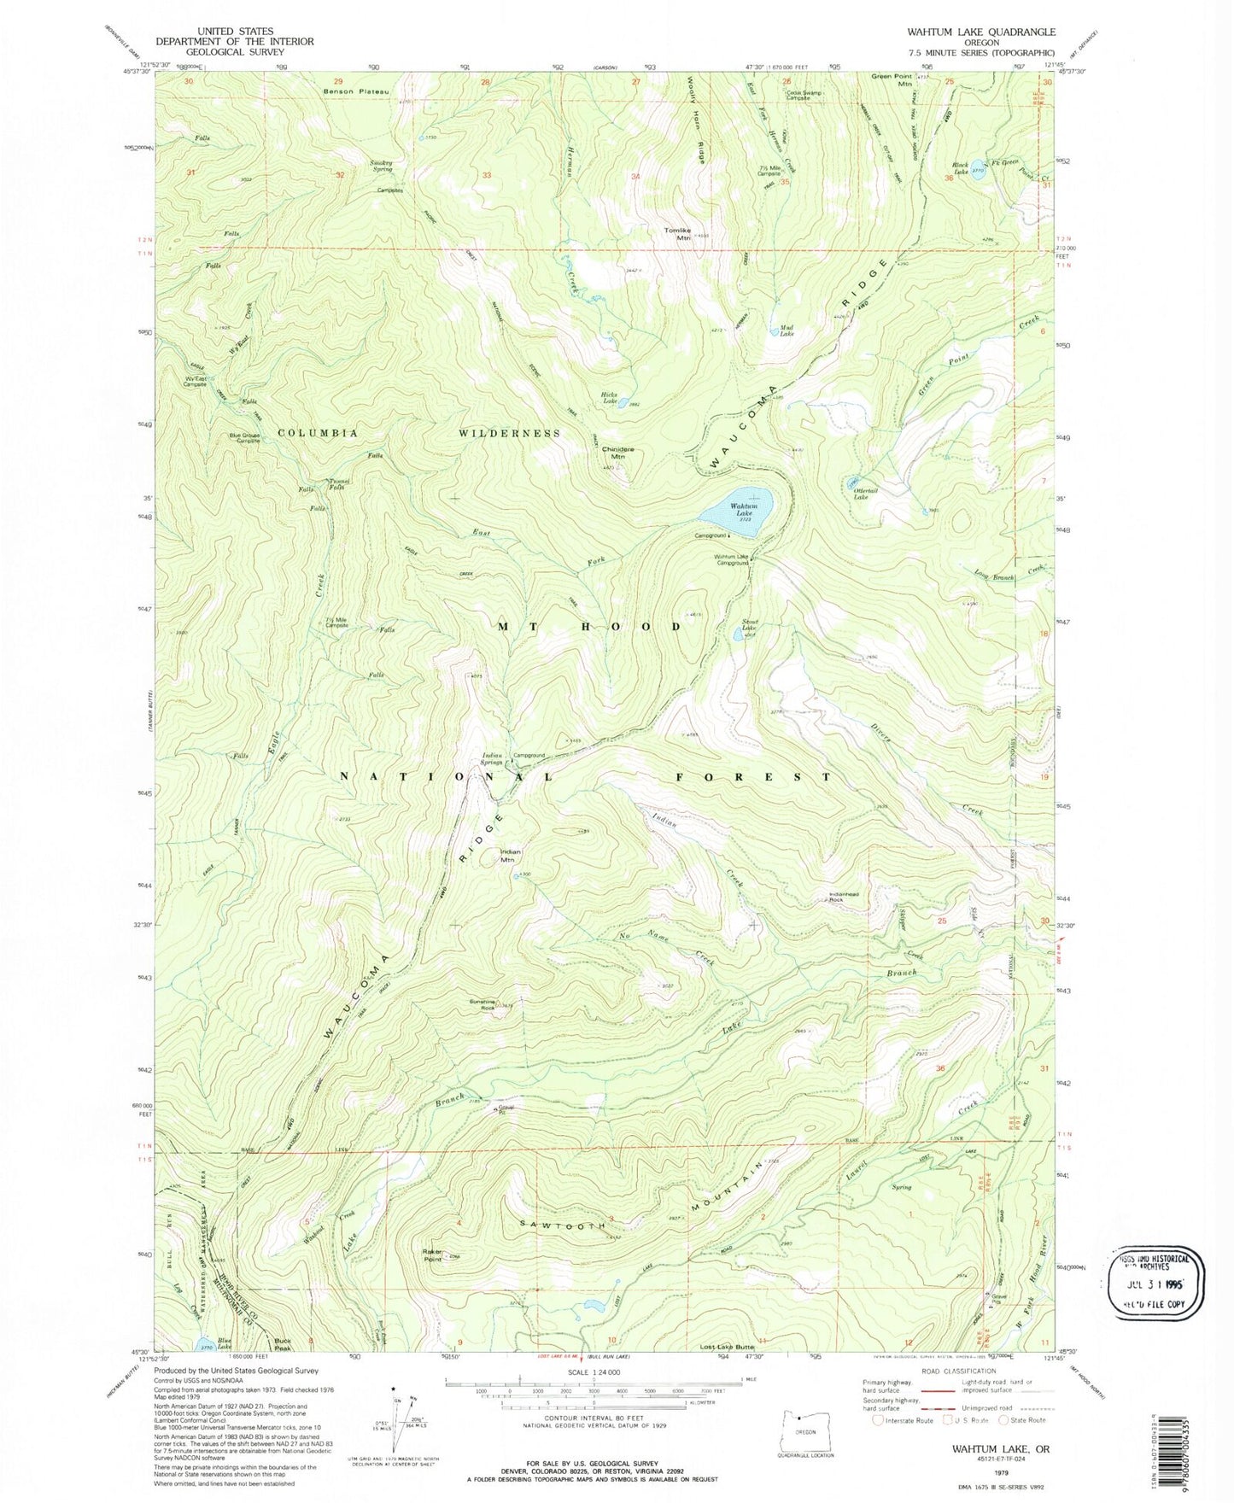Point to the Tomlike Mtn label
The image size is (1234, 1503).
(x=677, y=233)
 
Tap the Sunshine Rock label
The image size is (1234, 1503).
(x=482, y=1004)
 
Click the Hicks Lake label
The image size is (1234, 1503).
(x=609, y=397)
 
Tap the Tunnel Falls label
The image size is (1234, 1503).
(x=337, y=486)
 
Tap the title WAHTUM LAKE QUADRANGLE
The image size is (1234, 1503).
(x=968, y=32)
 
